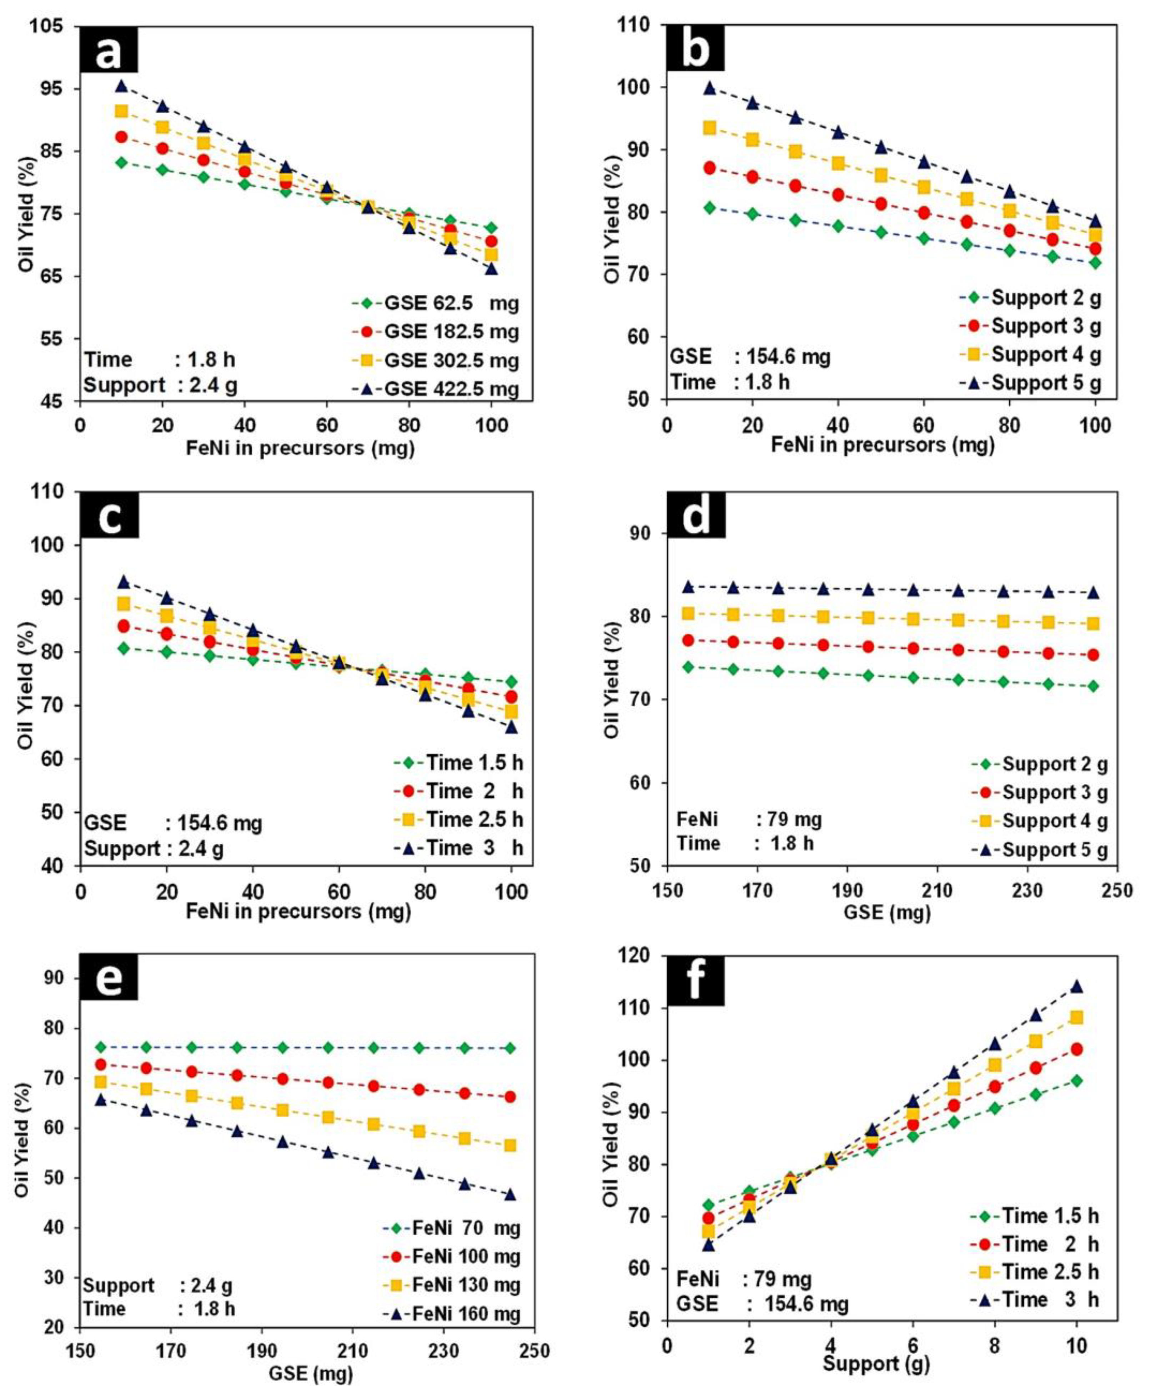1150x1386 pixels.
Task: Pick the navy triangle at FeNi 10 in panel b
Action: [x=709, y=88]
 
